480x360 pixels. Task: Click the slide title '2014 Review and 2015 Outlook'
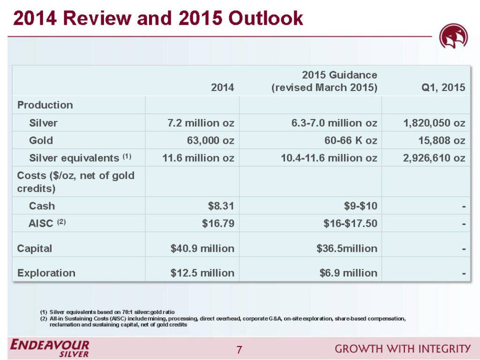click(158, 18)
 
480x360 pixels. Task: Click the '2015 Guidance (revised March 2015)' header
click(325, 81)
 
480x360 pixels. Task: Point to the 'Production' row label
click(45, 105)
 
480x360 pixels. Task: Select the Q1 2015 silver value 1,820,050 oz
click(434, 123)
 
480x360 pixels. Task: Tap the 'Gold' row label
click(41, 140)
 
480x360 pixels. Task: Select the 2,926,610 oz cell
click(434, 158)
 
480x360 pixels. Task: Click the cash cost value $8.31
click(218, 206)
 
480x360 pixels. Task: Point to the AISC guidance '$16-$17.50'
click(350, 224)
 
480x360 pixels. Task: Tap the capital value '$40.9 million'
click(202, 248)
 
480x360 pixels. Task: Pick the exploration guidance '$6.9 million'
click(348, 273)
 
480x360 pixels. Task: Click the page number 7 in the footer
click(240, 349)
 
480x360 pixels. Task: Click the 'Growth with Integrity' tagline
click(402, 349)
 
